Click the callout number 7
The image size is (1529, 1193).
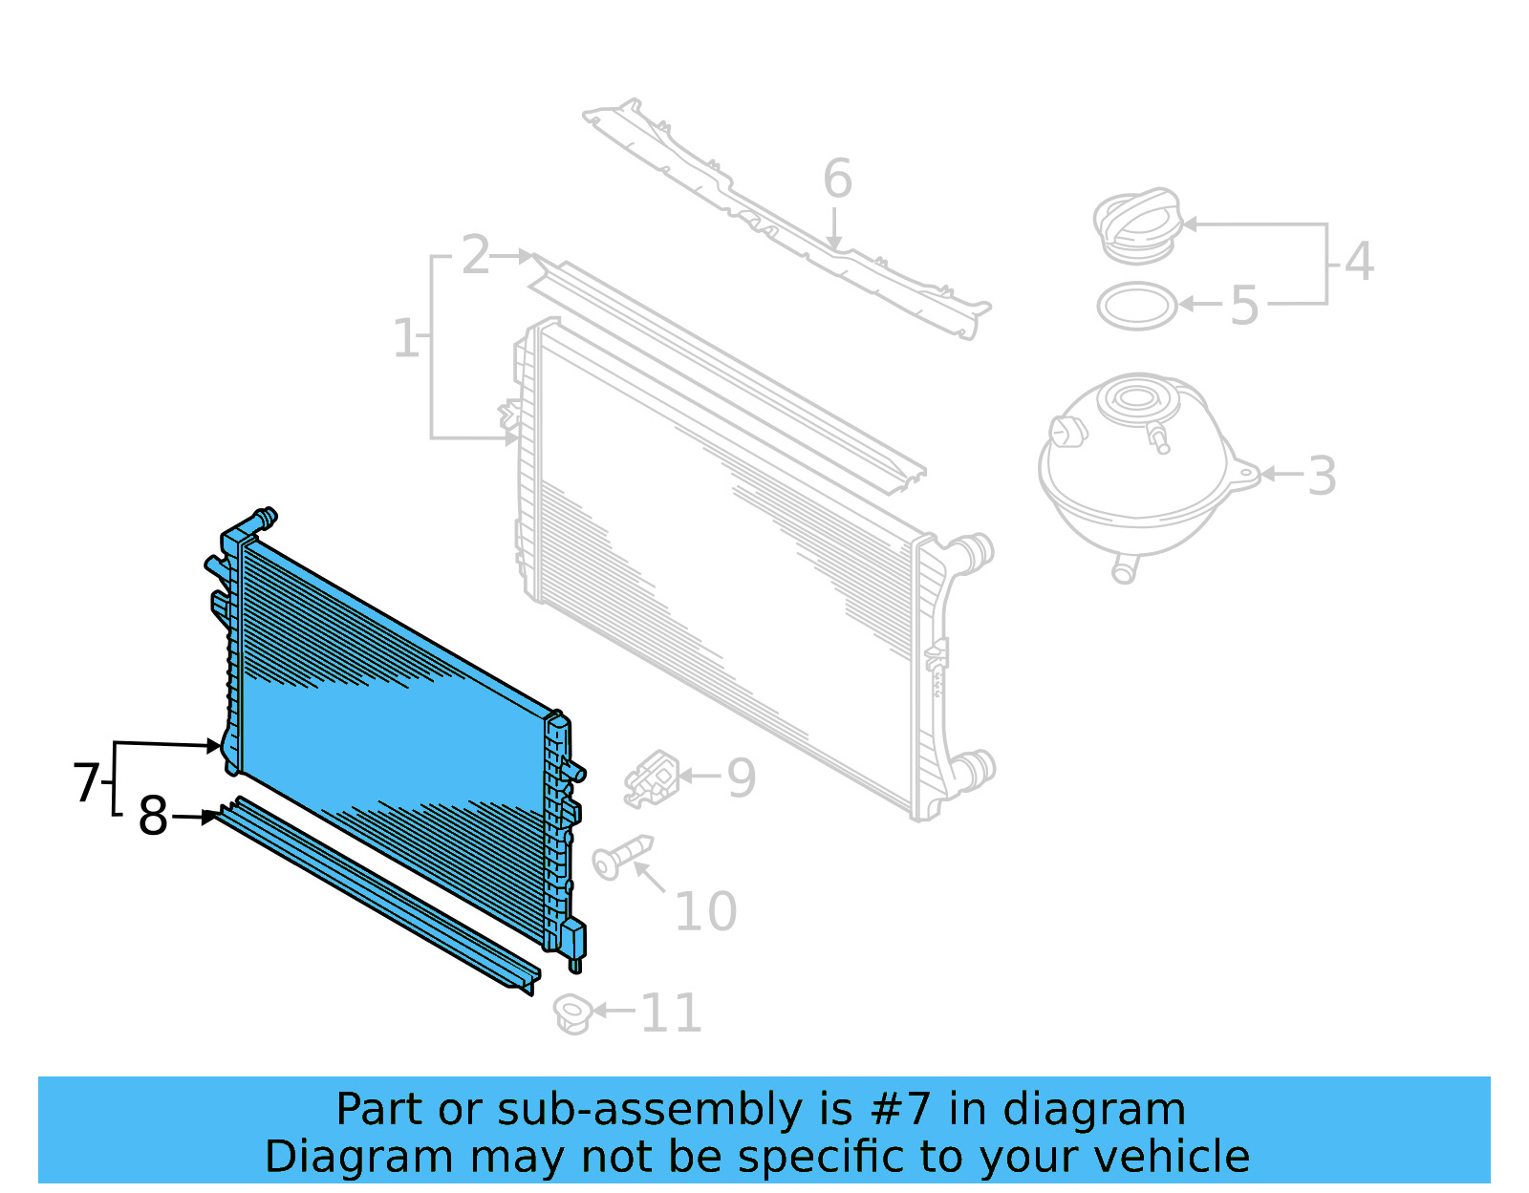click(86, 782)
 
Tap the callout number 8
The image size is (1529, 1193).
click(153, 817)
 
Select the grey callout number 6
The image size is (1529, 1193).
click(837, 180)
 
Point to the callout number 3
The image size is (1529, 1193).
click(1322, 476)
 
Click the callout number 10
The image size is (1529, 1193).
click(705, 912)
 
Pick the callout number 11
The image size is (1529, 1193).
click(671, 1013)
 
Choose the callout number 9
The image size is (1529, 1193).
click(742, 778)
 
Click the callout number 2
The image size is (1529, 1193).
click(475, 256)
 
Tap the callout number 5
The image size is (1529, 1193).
click(1243, 307)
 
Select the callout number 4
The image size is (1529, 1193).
click(1359, 262)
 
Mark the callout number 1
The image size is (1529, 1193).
click(405, 339)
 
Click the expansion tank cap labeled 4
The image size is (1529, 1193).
click(1137, 224)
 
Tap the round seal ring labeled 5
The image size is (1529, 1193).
click(1136, 307)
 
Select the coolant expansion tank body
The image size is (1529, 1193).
click(1137, 478)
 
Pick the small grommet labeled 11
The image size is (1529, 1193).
click(572, 1013)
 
